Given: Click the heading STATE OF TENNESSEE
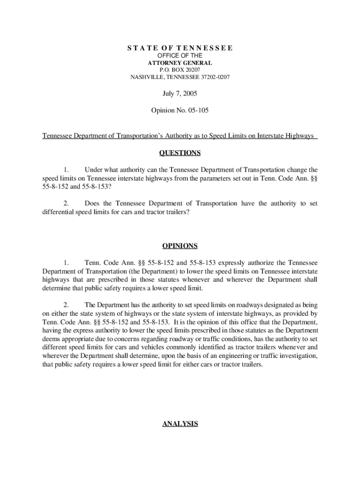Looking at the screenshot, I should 180,48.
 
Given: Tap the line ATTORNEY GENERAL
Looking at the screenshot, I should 180,63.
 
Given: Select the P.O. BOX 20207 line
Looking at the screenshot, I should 180,70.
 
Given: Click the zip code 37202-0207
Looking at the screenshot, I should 214,77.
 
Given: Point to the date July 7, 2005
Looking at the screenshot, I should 180,94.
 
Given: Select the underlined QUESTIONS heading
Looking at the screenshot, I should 180,153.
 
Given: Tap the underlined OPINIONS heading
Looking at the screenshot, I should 180,246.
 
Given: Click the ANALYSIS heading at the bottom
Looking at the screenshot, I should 180,424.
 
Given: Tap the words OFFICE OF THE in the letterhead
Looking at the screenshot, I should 180,56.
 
